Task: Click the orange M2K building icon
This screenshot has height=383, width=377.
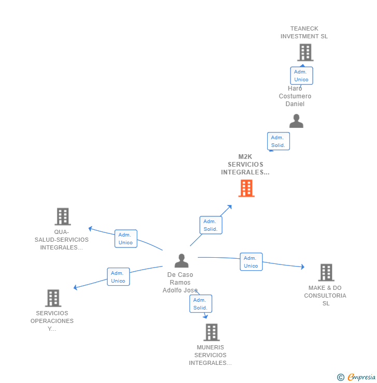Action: [246, 188]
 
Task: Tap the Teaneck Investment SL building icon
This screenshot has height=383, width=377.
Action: [305, 52]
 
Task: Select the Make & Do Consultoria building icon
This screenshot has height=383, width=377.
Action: [326, 272]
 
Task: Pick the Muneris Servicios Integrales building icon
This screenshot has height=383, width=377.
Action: [211, 332]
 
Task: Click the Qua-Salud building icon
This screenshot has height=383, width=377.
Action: [63, 216]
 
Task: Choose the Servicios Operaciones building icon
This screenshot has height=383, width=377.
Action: [53, 298]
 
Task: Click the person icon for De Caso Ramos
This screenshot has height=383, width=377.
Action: [181, 261]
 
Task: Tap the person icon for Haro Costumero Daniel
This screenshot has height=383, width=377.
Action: [296, 121]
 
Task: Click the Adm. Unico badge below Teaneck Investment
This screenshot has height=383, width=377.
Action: [301, 76]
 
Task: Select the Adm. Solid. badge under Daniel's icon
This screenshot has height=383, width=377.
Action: [278, 141]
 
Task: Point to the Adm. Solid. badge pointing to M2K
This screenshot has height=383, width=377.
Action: [210, 225]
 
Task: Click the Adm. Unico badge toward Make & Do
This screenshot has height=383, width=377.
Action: [251, 262]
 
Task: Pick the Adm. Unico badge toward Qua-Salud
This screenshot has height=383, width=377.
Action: [125, 239]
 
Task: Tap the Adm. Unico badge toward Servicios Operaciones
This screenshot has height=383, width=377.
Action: [118, 277]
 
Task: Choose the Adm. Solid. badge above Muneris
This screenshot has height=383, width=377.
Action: [200, 304]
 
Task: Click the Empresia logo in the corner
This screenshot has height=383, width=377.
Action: [357, 377]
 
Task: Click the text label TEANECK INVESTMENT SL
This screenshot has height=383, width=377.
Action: [304, 33]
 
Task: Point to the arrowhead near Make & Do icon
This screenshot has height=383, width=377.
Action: [302, 267]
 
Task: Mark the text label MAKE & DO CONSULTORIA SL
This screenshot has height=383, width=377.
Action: [325, 296]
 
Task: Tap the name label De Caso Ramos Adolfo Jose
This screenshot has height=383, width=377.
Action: [180, 283]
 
